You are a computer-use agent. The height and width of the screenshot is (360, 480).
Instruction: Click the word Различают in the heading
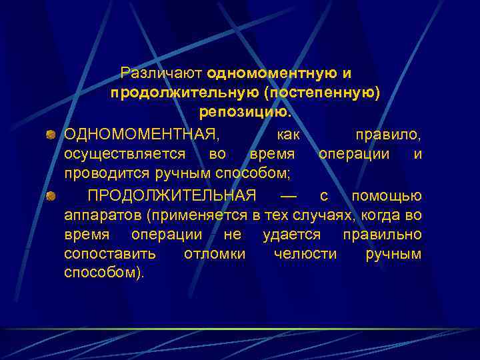coord(161,73)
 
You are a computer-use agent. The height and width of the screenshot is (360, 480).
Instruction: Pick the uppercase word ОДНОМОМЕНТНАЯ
coord(141,135)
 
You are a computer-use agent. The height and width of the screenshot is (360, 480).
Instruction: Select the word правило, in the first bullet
coord(388,135)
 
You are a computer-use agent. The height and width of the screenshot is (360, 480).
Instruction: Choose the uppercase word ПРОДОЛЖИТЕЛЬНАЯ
coord(172,195)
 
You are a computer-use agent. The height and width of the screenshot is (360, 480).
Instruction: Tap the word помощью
coord(387,195)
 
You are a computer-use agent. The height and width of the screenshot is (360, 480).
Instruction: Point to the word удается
coord(291,235)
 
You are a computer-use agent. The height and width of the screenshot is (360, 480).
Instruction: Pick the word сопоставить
coord(110,254)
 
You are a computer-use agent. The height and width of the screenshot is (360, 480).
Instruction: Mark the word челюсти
coord(305,254)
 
